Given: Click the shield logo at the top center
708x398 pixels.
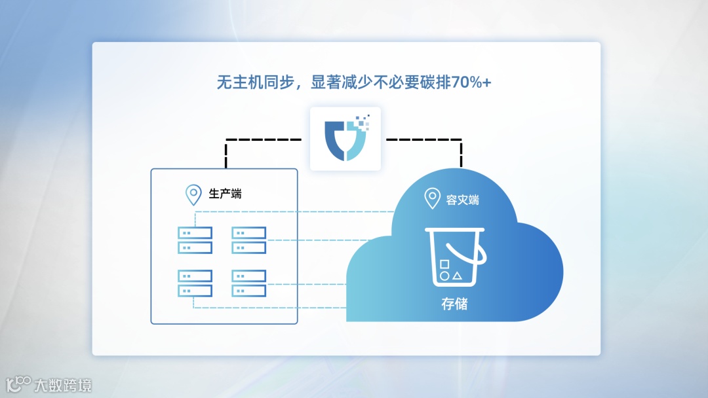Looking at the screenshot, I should coord(345,138).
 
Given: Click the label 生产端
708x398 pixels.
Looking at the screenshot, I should coord(225,194).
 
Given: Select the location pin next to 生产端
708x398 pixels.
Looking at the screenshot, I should coord(193,194).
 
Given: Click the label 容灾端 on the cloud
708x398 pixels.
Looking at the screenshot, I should coord(463,199).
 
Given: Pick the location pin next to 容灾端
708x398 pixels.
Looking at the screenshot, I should coord(432,198).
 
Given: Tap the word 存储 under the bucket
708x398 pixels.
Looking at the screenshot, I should coord(454,304).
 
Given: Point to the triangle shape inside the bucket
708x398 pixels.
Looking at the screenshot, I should coord(458,276).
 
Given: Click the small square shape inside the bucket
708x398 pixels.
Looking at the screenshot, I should coord(444,264).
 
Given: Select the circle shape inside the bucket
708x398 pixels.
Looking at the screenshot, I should coord(444,276).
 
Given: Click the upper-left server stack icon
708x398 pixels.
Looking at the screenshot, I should coord(195,240).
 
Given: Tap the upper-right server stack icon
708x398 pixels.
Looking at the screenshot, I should coord(248,240).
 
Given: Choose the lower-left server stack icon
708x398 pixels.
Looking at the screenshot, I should coord(195,283).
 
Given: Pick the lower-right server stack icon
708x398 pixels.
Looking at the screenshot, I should coord(248,283).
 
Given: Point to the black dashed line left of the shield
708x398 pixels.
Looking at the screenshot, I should coord(262,139).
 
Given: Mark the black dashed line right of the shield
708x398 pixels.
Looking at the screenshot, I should coord(425,139).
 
